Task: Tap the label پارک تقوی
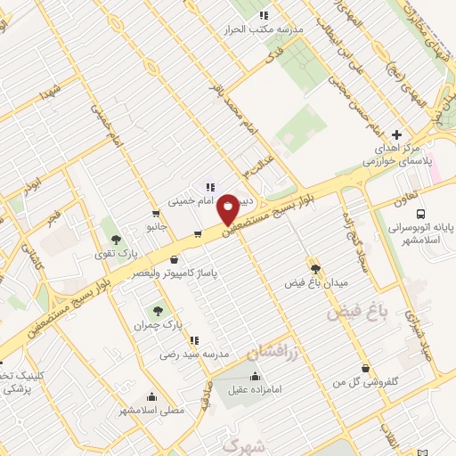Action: (x=116, y=255)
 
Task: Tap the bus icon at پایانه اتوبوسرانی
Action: (x=420, y=214)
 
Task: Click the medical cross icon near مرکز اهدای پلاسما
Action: (x=397, y=134)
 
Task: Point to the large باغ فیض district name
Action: (x=360, y=311)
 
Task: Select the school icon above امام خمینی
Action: (x=211, y=187)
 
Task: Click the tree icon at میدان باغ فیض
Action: (x=315, y=267)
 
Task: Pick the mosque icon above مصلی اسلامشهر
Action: (x=152, y=397)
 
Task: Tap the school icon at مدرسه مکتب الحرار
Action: (x=264, y=15)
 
